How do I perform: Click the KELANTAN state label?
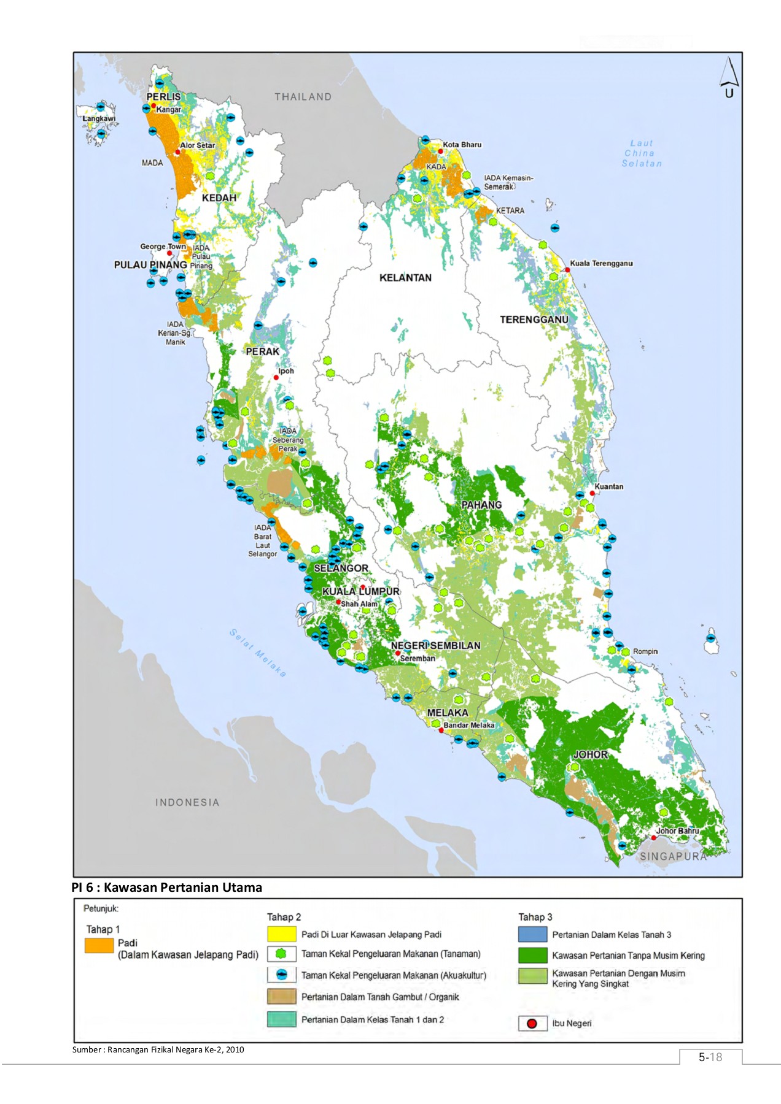pyautogui.click(x=405, y=278)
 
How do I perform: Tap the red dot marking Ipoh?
pyautogui.click(x=276, y=378)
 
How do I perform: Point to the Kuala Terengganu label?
pyautogui.click(x=601, y=263)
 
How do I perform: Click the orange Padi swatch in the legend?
pyautogui.click(x=99, y=946)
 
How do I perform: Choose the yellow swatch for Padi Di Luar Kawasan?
pyautogui.click(x=282, y=934)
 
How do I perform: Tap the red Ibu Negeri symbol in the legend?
pyautogui.click(x=532, y=1023)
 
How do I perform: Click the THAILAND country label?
pyautogui.click(x=303, y=97)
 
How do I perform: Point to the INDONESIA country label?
pyautogui.click(x=187, y=802)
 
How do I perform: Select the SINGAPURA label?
pyautogui.click(x=673, y=856)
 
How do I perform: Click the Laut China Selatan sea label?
pyautogui.click(x=642, y=153)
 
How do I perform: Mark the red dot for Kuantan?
pyautogui.click(x=593, y=493)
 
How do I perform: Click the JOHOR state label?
pyautogui.click(x=591, y=754)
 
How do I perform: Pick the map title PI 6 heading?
pyautogui.click(x=167, y=887)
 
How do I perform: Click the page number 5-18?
pyautogui.click(x=710, y=1057)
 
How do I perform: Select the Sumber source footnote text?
pyautogui.click(x=158, y=1049)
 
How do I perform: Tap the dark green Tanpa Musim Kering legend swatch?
pyautogui.click(x=532, y=955)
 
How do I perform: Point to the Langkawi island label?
pyautogui.click(x=99, y=119)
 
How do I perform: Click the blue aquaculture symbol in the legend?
pyautogui.click(x=282, y=975)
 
